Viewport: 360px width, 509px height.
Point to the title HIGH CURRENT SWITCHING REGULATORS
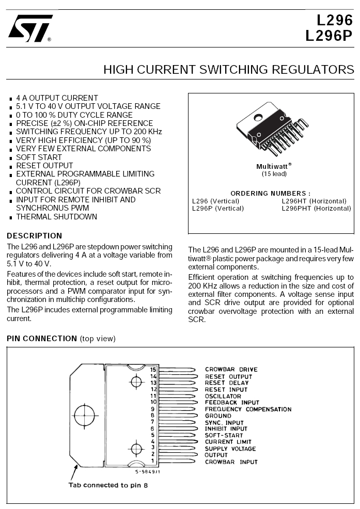229,70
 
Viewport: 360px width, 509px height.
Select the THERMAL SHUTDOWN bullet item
56,217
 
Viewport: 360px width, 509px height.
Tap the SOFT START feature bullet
39,157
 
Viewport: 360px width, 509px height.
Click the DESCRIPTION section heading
34,236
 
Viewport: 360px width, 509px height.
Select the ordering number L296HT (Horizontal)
314,201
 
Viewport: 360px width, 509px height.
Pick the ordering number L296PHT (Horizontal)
316,209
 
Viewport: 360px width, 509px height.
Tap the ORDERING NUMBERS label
271,193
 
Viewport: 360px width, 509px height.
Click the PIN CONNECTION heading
41,339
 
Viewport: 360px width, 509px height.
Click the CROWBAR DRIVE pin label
231,370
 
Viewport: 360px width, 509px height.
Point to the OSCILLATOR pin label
223,396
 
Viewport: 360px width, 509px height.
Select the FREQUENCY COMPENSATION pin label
248,409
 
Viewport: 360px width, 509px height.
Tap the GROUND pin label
218,416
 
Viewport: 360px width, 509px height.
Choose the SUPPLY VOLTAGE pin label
230,449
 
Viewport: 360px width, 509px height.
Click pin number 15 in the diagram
153,370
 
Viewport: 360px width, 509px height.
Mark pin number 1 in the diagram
153,461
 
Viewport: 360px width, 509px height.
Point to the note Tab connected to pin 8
108,485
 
